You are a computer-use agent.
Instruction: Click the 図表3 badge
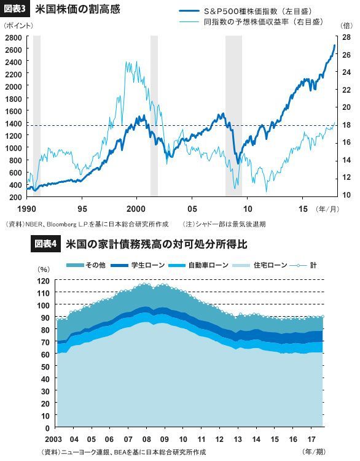coord(15,9)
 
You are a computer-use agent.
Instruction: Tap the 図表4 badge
coord(45,244)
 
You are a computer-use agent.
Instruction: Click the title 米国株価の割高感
coord(77,9)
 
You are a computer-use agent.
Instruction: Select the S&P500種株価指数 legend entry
coord(246,12)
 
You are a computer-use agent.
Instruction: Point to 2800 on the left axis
coord(14,37)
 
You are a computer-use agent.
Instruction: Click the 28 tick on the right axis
coord(346,37)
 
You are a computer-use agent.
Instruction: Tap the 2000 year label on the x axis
coord(136,209)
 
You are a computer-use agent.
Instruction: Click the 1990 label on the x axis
coord(26,209)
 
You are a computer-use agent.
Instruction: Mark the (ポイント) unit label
coord(18,26)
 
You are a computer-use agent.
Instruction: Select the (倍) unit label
coord(346,26)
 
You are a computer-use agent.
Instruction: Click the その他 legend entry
coord(86,265)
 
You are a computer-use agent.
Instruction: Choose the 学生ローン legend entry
coord(138,265)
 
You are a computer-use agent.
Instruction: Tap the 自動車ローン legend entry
coord(198,265)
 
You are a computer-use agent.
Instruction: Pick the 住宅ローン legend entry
coord(260,265)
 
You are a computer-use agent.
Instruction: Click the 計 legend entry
coord(303,265)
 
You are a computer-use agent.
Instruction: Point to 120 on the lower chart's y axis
coord(43,281)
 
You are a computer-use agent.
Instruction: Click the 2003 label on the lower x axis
coord(53,440)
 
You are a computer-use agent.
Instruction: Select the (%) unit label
coord(44,269)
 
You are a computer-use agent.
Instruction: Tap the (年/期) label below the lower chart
coord(314,452)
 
